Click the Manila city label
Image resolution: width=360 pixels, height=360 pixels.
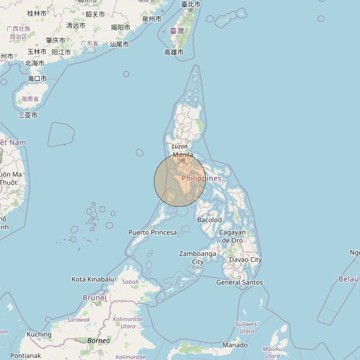pyautogui.click(x=183, y=154)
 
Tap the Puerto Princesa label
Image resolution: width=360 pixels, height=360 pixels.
pyautogui.click(x=153, y=232)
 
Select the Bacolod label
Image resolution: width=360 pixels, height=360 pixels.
pyautogui.click(x=209, y=220)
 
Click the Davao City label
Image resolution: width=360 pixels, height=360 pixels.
pyautogui.click(x=245, y=260)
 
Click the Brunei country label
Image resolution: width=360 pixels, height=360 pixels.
pyautogui.click(x=94, y=297)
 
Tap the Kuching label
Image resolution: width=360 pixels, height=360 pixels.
pyautogui.click(x=39, y=334)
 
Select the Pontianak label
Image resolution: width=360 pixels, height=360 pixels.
pyautogui.click(x=26, y=355)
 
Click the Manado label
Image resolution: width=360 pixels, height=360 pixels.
pyautogui.click(x=235, y=345)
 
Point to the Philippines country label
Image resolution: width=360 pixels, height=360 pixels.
pyautogui.click(x=201, y=178)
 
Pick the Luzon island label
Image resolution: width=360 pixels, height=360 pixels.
pyautogui.click(x=179, y=146)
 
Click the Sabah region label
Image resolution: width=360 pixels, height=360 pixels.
pyautogui.click(x=130, y=282)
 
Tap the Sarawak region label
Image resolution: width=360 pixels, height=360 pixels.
pyautogui.click(x=78, y=320)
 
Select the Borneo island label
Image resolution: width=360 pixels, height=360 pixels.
pyautogui.click(x=99, y=341)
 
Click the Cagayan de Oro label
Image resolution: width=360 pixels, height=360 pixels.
pyautogui.click(x=232, y=236)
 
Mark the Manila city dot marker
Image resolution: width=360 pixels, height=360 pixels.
pyautogui.click(x=183, y=160)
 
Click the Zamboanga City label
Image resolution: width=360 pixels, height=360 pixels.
pyautogui.click(x=195, y=258)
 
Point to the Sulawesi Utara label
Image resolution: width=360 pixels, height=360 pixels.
pyautogui.click(x=247, y=327)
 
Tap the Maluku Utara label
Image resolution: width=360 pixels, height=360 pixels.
pyautogui.click(x=272, y=352)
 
